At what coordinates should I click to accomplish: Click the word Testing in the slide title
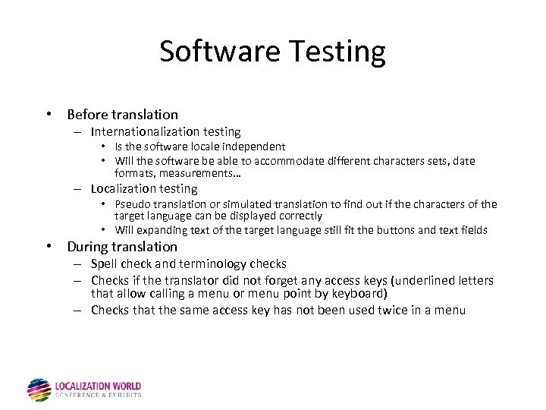click(x=335, y=52)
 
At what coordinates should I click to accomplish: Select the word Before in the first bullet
click(x=87, y=115)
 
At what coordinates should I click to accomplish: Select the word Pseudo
click(x=133, y=203)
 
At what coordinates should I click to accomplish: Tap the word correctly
click(x=296, y=216)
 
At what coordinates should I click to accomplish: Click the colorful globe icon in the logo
click(x=39, y=389)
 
